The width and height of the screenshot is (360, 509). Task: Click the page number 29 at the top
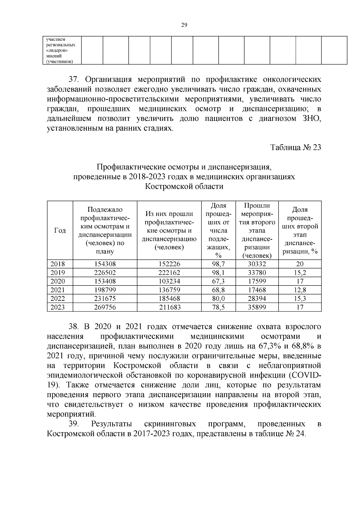coord(184,25)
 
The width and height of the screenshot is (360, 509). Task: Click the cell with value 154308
coord(105,264)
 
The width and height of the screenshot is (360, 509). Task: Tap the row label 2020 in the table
coord(57,281)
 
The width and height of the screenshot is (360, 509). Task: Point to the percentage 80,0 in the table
coord(218,299)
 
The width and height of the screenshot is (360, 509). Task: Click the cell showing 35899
coord(257,307)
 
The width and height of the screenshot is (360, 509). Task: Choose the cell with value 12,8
coord(300,290)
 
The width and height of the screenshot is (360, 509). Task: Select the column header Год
coord(60,230)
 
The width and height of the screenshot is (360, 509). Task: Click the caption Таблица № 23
coord(295,148)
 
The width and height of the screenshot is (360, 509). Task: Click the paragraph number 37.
coord(73,80)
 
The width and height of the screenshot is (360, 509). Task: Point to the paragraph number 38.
coord(73,327)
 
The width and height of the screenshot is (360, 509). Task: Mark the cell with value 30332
coord(257,264)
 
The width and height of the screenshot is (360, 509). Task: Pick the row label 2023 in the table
coord(57,307)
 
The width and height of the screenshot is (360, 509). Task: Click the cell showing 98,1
coord(218,273)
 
